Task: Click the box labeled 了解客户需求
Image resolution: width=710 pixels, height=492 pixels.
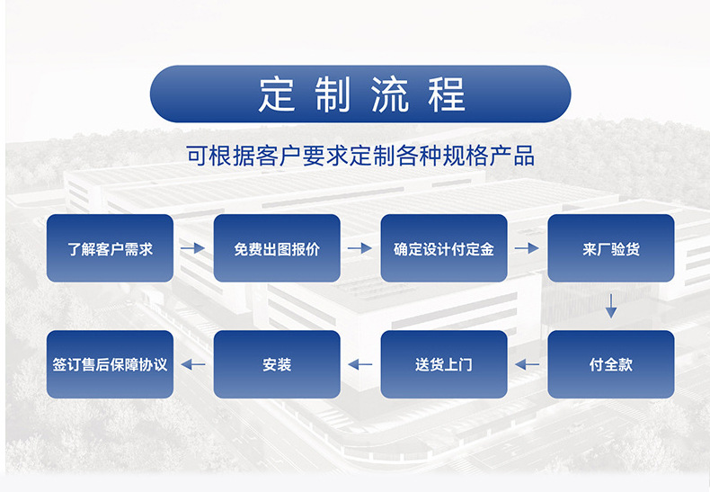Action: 110,248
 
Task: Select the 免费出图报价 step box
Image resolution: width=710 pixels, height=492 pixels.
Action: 277,248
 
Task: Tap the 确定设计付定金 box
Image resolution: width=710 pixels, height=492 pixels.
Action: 444,248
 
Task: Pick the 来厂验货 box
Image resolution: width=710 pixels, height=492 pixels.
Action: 611,248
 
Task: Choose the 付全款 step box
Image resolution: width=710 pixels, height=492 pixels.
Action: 611,364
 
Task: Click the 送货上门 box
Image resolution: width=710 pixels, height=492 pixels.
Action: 444,364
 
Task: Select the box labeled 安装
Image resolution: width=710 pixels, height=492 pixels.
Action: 277,364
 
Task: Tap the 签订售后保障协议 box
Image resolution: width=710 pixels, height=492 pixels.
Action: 110,364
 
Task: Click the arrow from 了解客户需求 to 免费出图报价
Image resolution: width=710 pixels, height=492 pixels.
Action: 193,248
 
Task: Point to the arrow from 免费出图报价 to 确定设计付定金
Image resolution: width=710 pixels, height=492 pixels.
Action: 360,248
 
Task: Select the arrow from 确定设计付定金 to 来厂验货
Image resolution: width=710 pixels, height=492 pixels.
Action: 527,248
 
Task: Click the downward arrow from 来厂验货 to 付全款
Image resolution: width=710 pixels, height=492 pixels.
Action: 611,306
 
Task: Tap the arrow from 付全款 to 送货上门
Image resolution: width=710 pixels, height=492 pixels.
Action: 527,364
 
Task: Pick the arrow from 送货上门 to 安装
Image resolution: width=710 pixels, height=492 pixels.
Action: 360,364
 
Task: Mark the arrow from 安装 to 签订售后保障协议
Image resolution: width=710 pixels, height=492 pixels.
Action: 193,364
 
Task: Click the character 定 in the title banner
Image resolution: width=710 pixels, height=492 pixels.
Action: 277,94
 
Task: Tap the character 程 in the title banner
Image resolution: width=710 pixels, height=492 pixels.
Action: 447,94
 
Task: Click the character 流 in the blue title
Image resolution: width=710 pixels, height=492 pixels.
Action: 390,94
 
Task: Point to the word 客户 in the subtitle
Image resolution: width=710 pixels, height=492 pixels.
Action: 278,156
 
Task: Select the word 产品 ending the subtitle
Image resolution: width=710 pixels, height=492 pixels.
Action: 512,156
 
